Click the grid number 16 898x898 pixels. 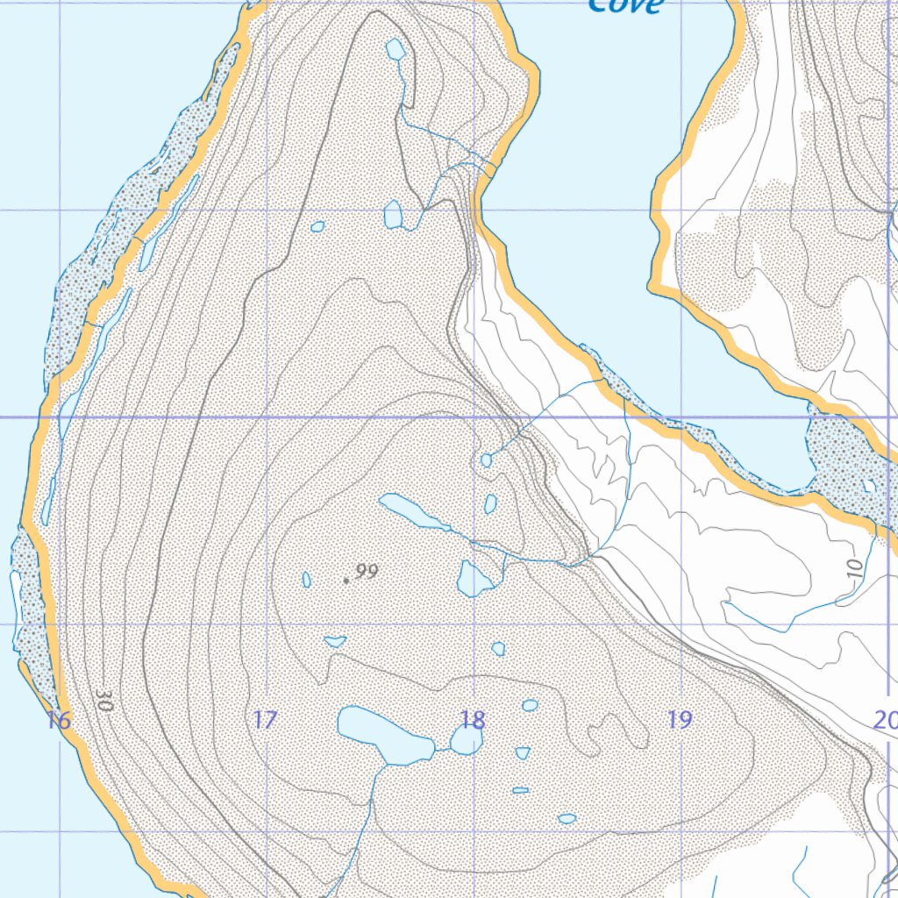tap(59, 722)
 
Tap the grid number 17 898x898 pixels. tap(265, 721)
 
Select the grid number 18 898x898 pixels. tap(472, 721)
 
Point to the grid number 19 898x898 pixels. tap(679, 721)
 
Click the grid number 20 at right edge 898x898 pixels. tap(886, 721)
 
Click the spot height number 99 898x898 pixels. tap(367, 572)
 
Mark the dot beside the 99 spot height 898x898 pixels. tap(346, 581)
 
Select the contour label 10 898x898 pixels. tap(856, 567)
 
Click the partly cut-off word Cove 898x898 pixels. tap(625, 6)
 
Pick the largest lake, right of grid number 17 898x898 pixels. tap(382, 733)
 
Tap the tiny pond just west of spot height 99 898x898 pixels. tap(306, 580)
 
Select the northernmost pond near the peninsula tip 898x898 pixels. tap(396, 49)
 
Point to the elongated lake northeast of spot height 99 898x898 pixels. tap(412, 511)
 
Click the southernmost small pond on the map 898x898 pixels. tap(567, 818)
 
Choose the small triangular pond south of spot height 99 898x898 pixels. tap(335, 642)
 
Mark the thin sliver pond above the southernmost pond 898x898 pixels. tap(520, 790)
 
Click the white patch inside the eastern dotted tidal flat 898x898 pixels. tap(868, 485)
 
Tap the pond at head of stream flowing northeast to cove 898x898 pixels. tap(487, 460)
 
